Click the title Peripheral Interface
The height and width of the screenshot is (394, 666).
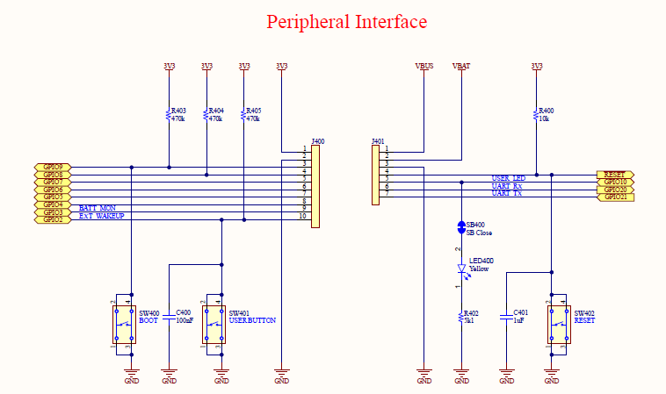pos(346,22)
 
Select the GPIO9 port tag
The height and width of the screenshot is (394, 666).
pos(52,167)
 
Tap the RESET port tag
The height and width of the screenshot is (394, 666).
pos(614,175)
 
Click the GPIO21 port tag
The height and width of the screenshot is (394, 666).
pos(615,197)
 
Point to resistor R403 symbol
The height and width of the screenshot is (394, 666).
pos(168,114)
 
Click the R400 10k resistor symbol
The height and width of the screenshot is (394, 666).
pos(536,114)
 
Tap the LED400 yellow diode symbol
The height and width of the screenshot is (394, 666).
pos(461,270)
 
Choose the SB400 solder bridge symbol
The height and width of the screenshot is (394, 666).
pos(461,227)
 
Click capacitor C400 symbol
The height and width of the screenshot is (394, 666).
pos(169,316)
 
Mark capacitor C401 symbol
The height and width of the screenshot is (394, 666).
pos(507,316)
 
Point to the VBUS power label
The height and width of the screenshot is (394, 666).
pos(423,66)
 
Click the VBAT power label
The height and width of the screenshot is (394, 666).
pos(461,66)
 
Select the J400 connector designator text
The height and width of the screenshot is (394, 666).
pos(318,140)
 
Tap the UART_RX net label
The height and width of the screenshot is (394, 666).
pos(506,186)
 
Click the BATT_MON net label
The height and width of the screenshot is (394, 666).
pos(97,207)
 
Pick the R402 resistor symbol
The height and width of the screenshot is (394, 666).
pos(461,316)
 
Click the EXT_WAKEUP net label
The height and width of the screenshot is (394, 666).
pos(101,216)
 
